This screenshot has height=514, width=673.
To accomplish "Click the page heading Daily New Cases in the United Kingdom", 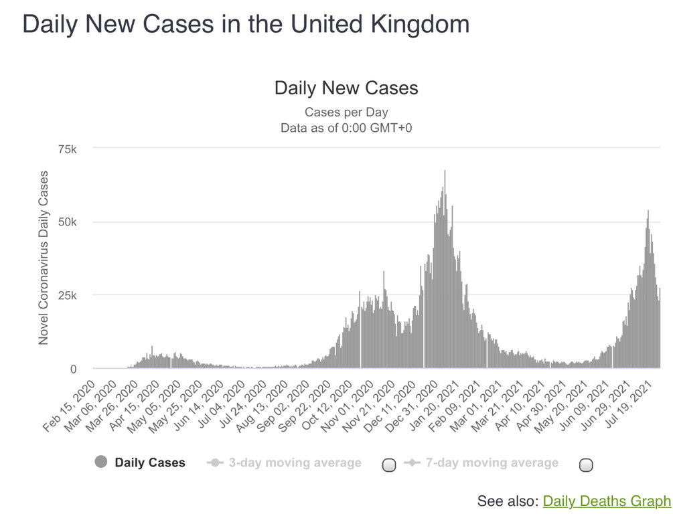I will point(246,25).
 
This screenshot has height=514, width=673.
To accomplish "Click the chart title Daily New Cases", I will point(346,88).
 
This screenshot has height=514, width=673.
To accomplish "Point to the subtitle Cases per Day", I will point(346,112).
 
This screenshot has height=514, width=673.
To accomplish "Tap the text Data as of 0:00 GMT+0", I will point(346,127).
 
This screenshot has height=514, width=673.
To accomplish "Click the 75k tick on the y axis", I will point(68,149).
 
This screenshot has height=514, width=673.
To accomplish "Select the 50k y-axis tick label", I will point(68,222).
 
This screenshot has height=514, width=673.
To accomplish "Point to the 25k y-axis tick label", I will point(68,296).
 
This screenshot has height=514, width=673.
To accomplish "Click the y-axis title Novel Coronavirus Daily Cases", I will point(44,258).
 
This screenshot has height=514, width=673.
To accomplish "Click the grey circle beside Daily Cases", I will point(101,462).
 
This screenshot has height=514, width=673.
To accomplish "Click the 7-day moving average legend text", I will point(492,462).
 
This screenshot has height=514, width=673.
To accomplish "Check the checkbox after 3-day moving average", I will point(389,465).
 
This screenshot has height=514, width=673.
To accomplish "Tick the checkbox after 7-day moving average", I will point(586,465).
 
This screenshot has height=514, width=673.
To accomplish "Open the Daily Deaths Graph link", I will point(606,501).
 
